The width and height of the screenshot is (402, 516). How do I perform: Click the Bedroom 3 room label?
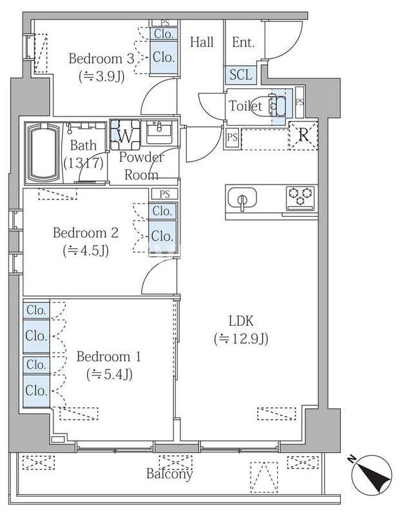coord(101,59)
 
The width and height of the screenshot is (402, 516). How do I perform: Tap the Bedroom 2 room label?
coord(85,233)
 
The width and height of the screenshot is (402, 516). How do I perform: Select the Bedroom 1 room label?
coord(109,357)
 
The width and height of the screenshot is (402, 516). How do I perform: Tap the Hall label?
coord(202,43)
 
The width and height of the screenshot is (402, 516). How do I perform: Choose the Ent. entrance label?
coord(243,43)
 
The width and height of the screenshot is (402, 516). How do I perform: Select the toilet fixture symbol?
coord(276,105)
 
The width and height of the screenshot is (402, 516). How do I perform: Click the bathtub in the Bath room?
coord(43,154)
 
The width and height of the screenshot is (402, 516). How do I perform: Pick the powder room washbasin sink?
coord(157,133)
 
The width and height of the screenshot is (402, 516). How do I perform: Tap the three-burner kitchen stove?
coord(301,196)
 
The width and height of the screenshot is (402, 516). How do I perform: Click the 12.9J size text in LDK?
coord(242,338)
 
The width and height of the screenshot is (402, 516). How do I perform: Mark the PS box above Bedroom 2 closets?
coord(164,193)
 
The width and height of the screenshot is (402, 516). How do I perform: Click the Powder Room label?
coord(141,166)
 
